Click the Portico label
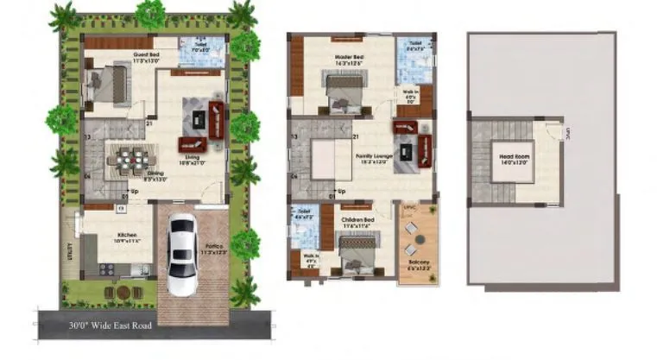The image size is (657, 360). pyautogui.click(x=212, y=248)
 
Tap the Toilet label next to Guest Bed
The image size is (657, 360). pyautogui.click(x=200, y=44)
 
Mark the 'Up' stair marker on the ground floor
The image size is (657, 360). pyautogui.click(x=134, y=192)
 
